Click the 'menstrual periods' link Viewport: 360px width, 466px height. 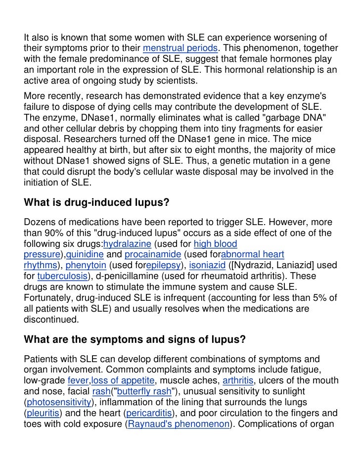[x=179, y=49]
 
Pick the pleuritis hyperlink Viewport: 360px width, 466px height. [x=42, y=412]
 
